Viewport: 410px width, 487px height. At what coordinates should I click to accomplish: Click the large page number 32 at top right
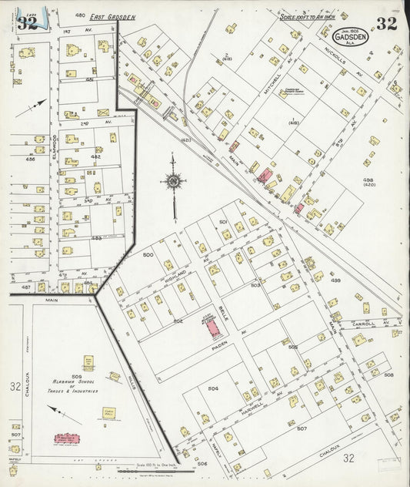[386, 23]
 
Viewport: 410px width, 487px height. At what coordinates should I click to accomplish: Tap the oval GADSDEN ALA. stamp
[351, 36]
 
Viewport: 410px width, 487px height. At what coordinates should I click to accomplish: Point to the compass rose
[174, 182]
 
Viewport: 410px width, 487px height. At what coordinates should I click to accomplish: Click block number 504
[213, 389]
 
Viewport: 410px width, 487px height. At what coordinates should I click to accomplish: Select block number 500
[148, 254]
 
